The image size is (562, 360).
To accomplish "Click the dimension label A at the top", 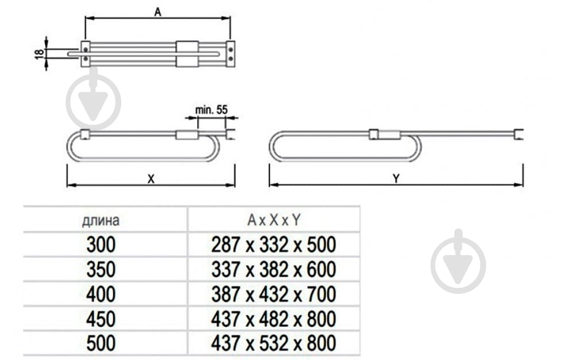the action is (x=157, y=12).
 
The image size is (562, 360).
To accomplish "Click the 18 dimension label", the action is (x=40, y=53).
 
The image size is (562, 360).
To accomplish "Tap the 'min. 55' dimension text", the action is (x=211, y=110).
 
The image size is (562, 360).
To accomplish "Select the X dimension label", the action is (x=151, y=179).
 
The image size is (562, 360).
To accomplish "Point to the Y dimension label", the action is (x=396, y=179).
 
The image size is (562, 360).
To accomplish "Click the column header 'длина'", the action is (x=101, y=220).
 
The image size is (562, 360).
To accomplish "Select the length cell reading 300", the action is (x=101, y=245).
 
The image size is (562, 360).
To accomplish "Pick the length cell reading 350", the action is (x=101, y=269).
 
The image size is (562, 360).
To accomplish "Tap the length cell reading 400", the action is (x=101, y=294).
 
